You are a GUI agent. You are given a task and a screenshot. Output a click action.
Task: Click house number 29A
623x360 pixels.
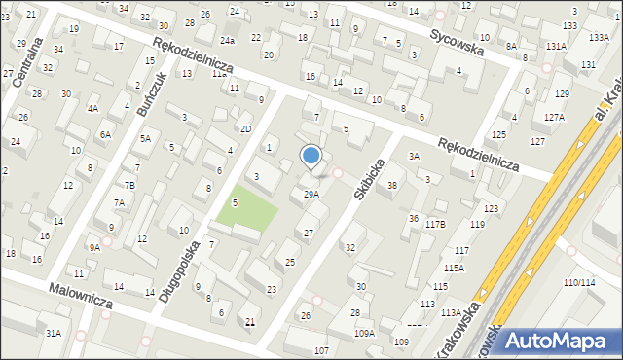click(311, 195)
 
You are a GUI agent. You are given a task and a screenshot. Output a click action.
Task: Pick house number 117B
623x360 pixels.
click(435, 224)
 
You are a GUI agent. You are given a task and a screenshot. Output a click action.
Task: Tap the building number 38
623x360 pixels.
click(392, 185)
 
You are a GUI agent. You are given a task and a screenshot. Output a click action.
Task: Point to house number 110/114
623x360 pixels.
click(579, 282)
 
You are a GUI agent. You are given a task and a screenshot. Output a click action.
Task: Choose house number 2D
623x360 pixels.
click(246, 128)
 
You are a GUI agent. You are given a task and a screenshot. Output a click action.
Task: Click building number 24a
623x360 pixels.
click(227, 41)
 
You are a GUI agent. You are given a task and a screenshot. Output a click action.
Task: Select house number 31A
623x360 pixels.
click(53, 333)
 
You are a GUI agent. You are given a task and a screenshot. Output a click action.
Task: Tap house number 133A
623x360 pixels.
click(599, 37)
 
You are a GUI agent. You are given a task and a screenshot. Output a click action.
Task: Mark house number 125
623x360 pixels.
click(499, 134)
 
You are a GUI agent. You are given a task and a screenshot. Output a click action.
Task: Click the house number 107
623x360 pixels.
click(321, 350)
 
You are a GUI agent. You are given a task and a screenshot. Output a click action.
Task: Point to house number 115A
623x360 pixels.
click(454, 268)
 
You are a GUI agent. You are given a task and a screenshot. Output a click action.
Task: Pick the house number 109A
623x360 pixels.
click(364, 334)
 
